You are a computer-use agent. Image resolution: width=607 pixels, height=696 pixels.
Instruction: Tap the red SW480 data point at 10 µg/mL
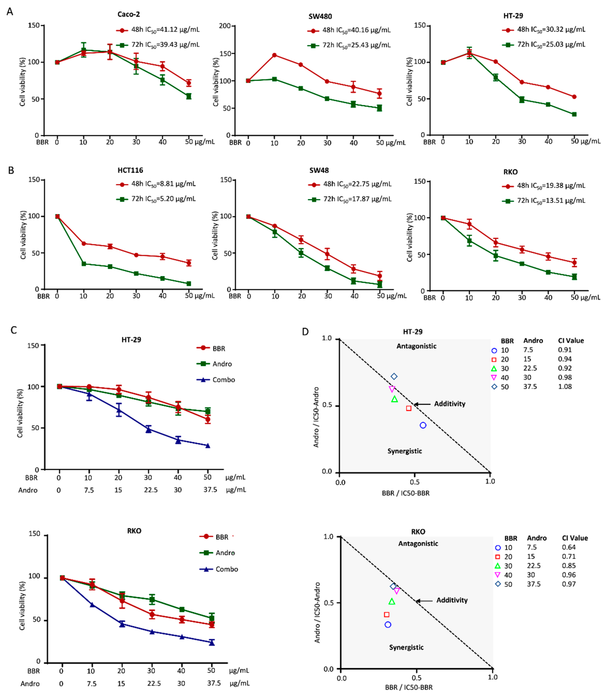[274, 55]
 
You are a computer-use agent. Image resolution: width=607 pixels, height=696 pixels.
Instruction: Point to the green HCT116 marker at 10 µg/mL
[83, 264]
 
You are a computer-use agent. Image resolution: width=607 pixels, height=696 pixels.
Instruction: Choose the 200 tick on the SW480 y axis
[225, 26]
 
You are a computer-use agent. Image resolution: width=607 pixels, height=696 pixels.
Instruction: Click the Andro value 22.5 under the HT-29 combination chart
[151, 490]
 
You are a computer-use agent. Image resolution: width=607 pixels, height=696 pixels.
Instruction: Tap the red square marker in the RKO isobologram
[387, 614]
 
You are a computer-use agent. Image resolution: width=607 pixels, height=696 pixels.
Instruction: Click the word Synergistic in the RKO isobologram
[406, 647]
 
